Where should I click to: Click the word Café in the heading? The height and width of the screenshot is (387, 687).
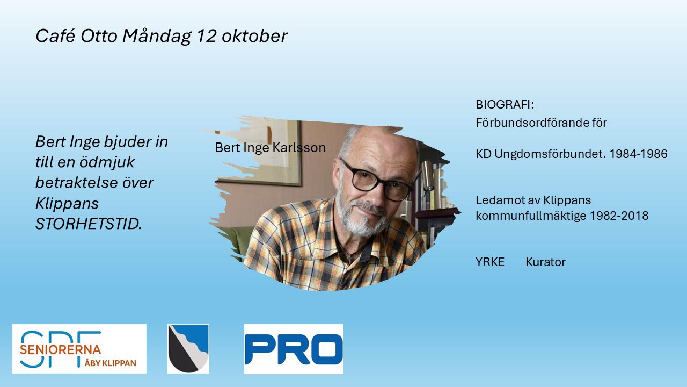55,35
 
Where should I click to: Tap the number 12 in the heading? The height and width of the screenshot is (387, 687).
206,35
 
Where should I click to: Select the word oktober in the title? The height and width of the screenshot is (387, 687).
254,35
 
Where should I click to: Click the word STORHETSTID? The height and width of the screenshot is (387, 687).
89,224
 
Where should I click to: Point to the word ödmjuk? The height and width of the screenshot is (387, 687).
107,162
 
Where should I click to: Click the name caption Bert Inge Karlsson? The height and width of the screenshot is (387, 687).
270,148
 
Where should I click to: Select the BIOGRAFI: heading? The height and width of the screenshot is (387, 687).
505,105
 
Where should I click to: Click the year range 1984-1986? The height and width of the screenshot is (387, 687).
638,154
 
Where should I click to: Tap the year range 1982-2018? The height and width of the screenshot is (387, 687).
619,216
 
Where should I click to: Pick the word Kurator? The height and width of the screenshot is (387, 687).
546,262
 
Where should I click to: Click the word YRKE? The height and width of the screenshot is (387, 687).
490,262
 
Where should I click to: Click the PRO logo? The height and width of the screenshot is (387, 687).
294,349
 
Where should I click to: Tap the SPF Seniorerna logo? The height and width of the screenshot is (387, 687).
79,349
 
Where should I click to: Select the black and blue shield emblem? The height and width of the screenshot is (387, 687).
188,349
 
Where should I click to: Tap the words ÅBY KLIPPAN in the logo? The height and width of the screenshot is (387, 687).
111,363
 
